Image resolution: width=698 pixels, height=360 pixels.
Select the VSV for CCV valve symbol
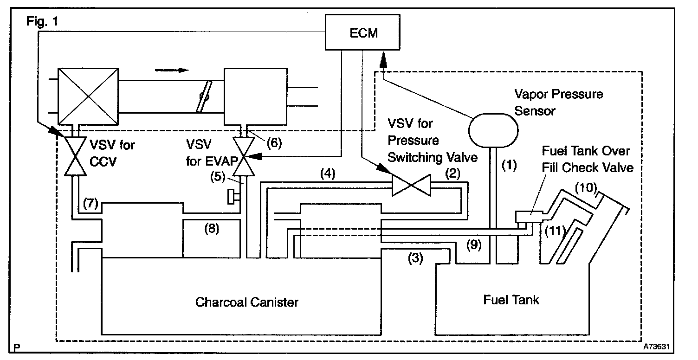pos(74,156)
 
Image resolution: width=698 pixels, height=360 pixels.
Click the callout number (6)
pos(273,143)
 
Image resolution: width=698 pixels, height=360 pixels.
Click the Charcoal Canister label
pos(246,302)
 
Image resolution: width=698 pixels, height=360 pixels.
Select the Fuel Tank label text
pos(511,300)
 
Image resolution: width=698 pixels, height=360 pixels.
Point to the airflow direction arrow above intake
pos(172,70)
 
